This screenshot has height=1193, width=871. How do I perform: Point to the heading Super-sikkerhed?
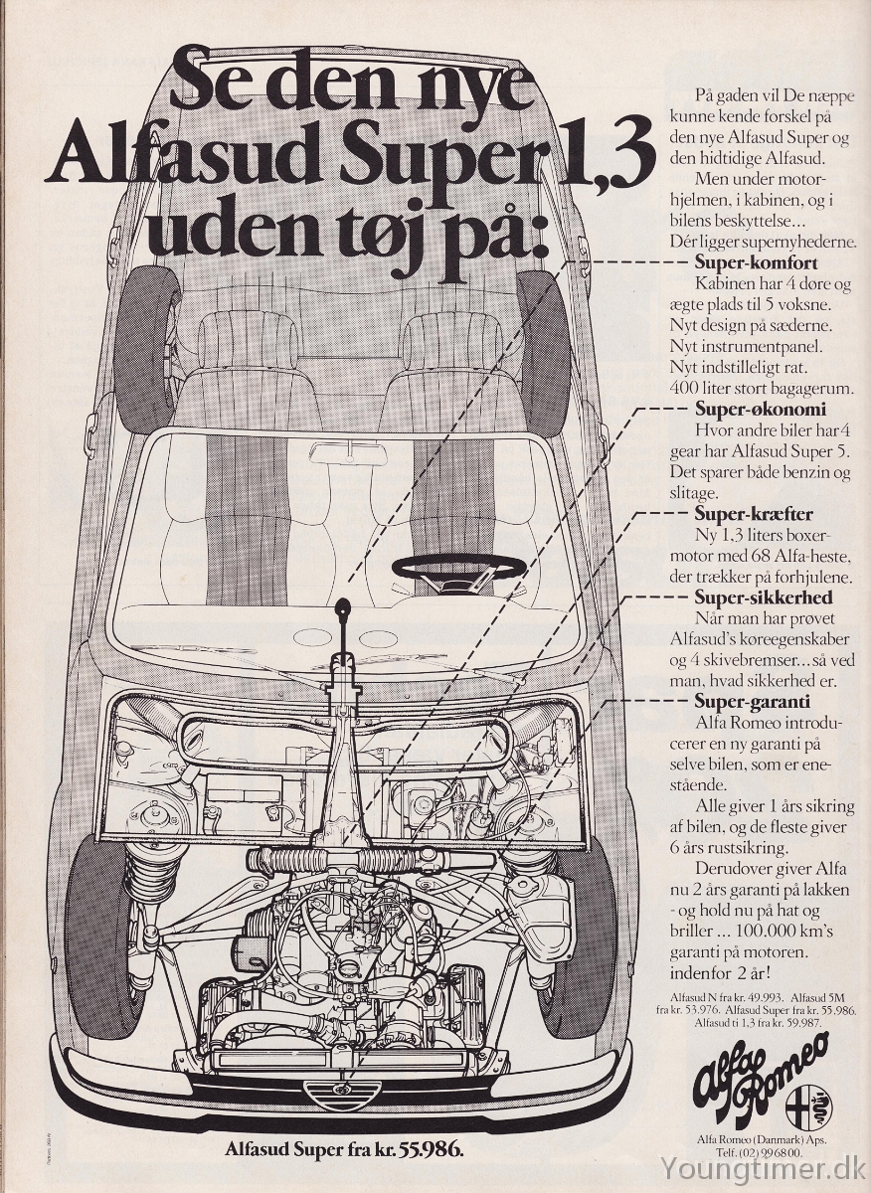tap(764, 597)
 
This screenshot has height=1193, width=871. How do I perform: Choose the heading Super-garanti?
tap(753, 702)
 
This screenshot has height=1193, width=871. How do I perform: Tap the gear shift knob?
tap(344, 605)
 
